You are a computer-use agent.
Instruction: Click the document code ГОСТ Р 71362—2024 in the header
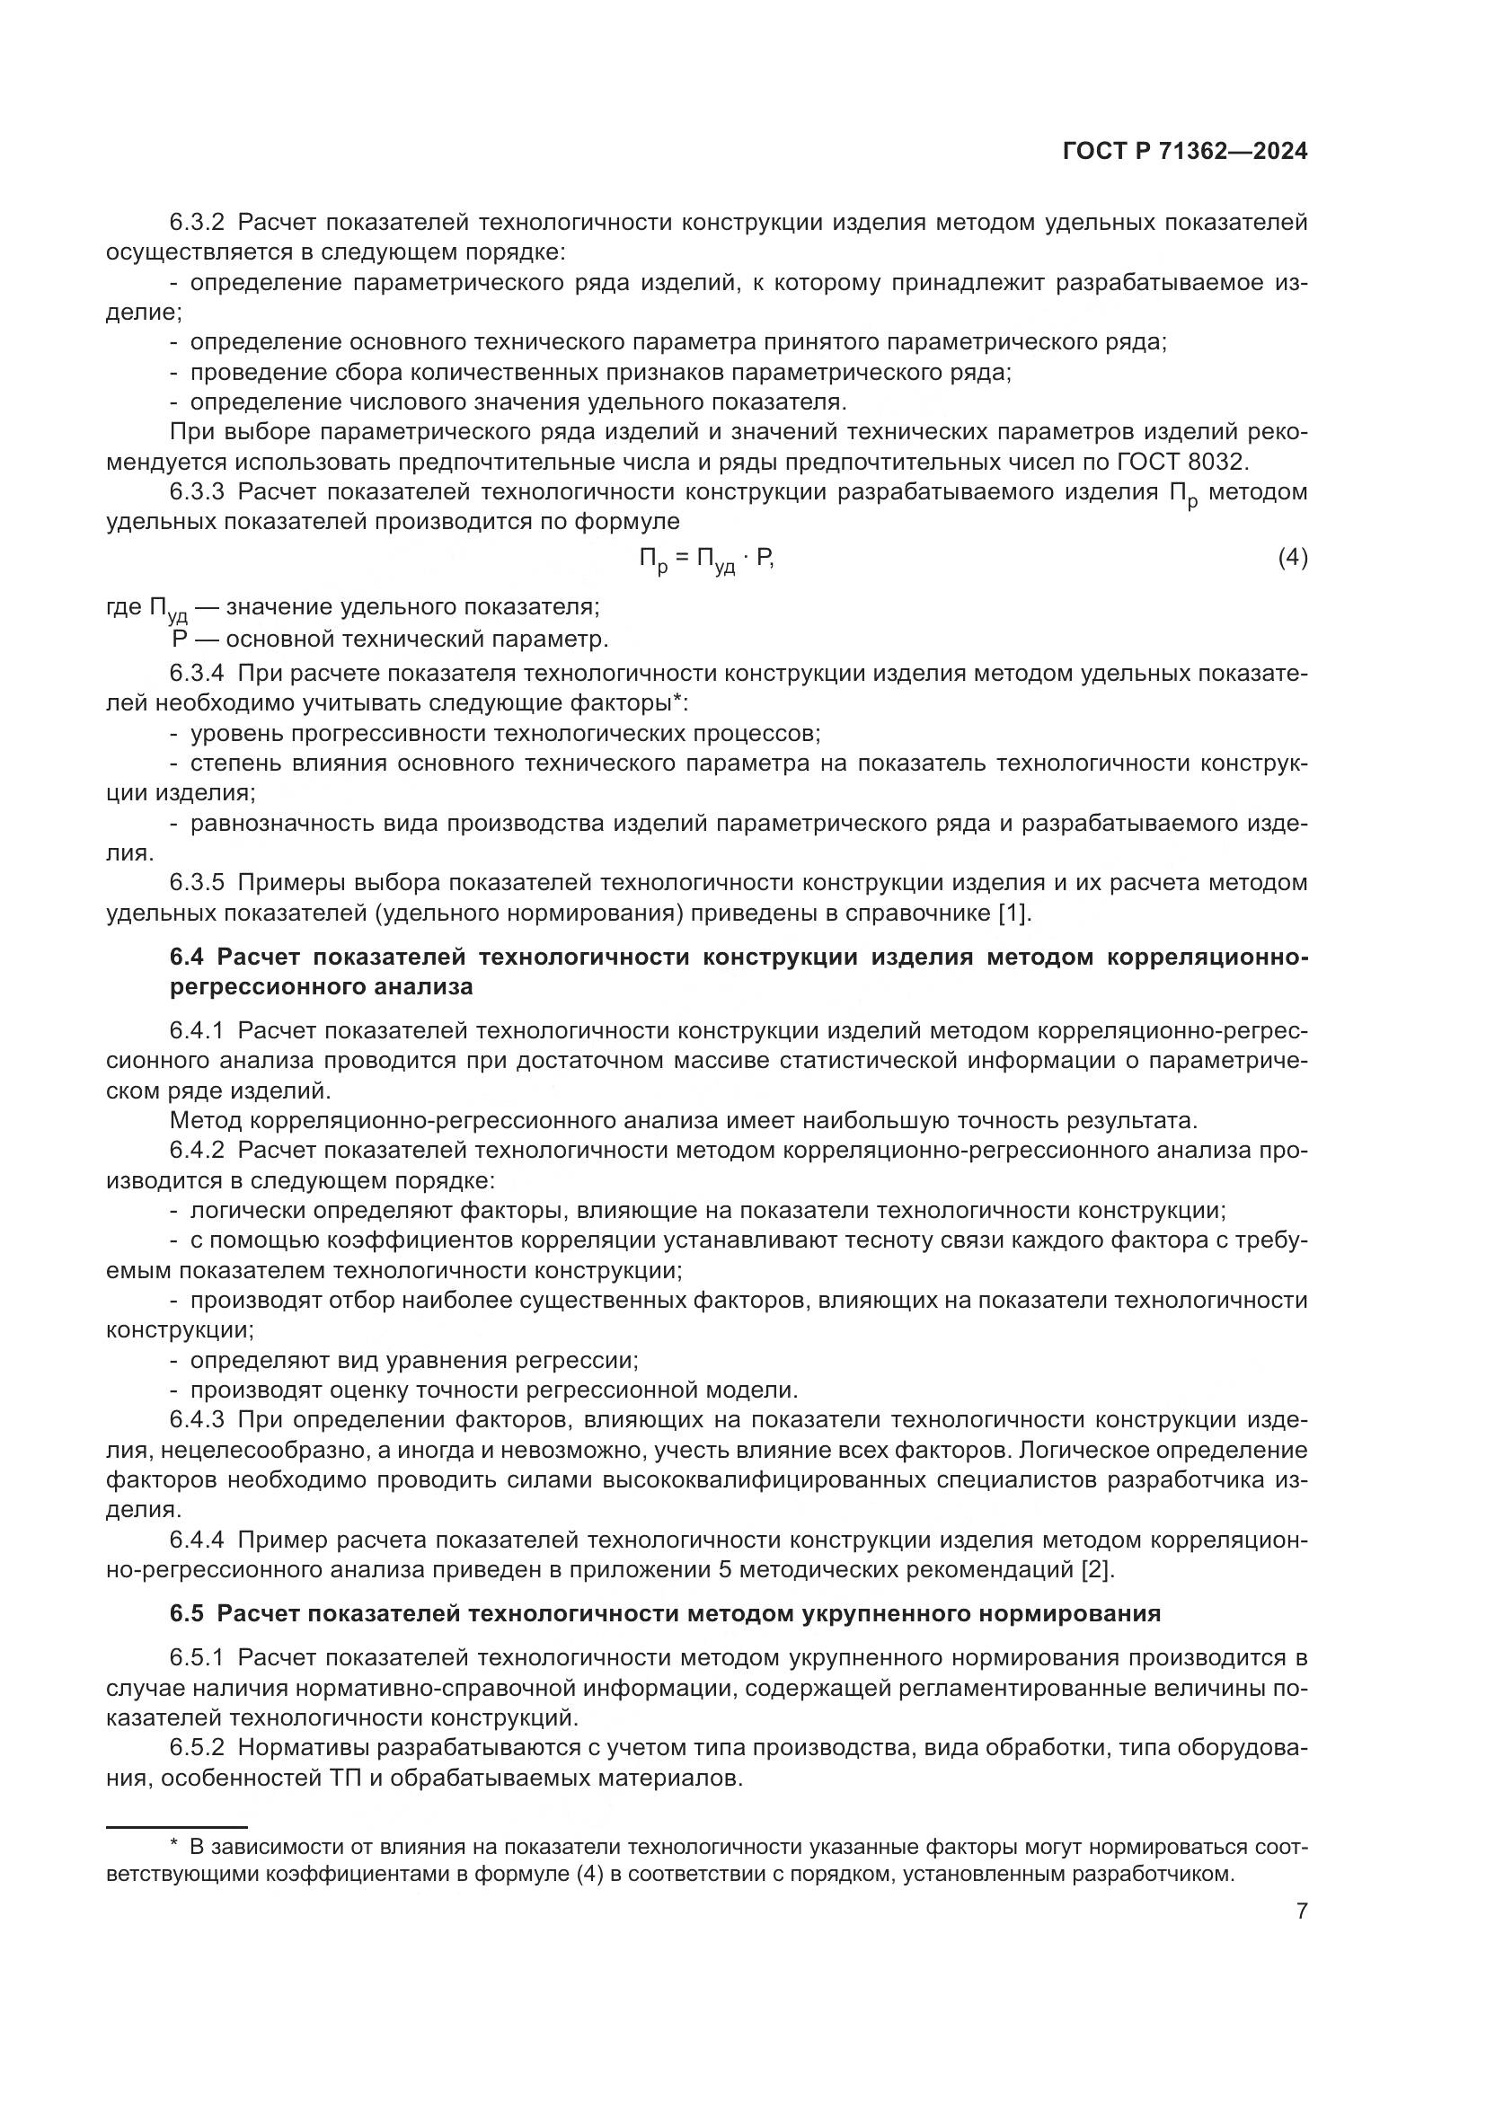pos(1185,152)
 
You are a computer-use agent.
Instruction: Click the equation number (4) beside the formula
pos(1292,557)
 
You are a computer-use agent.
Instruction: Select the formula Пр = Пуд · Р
pos(706,560)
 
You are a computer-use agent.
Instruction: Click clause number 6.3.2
pos(197,223)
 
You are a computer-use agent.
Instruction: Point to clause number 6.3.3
pos(197,492)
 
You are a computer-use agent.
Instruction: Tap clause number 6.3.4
pos(197,674)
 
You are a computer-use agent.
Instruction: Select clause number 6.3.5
pos(197,883)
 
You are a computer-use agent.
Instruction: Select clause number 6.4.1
pos(197,1031)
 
